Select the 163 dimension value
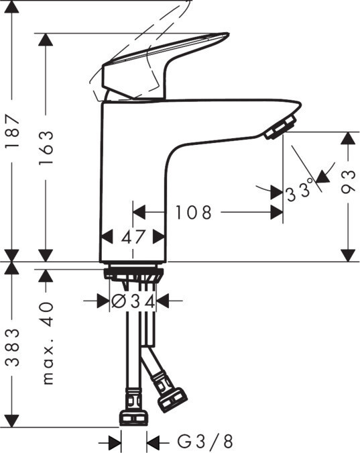click(46, 149)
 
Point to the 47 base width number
click(133, 237)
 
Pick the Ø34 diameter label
click(133, 302)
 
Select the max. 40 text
click(46, 342)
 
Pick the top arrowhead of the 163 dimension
click(46, 40)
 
